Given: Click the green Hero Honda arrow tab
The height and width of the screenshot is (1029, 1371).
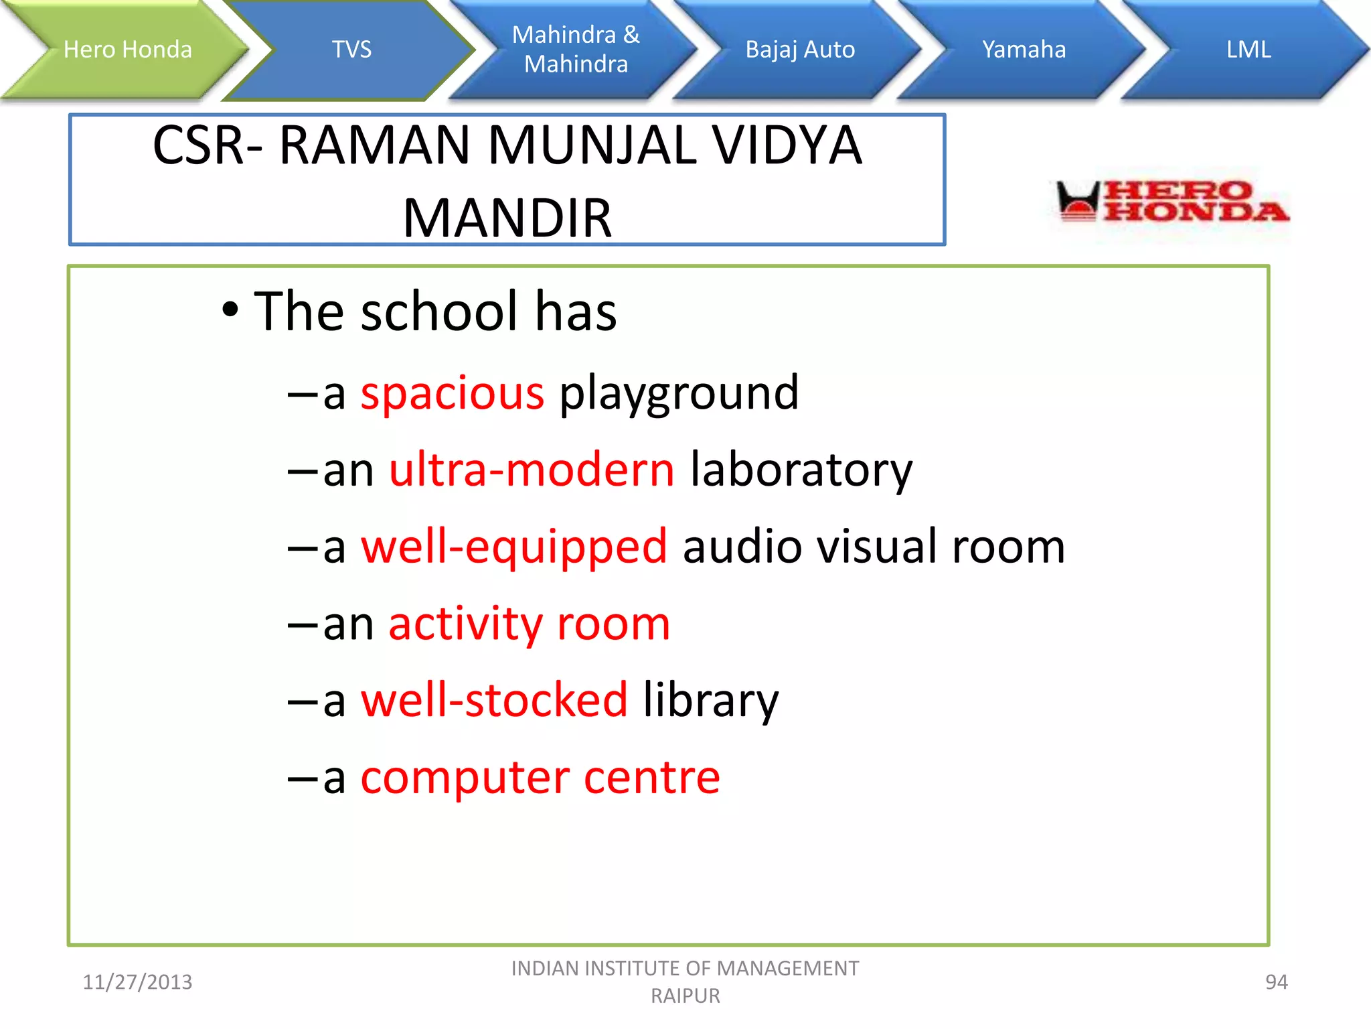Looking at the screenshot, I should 127,50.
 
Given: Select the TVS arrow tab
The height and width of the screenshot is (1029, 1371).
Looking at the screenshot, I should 352,50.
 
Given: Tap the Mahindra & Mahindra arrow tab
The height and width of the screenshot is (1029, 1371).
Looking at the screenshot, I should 576,50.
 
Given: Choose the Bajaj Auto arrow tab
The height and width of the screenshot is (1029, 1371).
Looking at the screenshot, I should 800,50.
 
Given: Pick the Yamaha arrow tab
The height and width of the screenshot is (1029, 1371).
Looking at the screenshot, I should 1024,50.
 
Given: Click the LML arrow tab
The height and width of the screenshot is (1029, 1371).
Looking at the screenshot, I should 1248,50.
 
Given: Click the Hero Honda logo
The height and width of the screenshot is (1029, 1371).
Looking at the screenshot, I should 1172,201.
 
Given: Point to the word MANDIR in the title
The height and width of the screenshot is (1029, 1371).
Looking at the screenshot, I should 507,218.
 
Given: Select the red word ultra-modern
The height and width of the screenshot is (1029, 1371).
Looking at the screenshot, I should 532,470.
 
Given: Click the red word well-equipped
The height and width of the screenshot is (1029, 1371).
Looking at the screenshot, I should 514,547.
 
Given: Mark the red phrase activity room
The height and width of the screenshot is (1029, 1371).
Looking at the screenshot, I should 529,624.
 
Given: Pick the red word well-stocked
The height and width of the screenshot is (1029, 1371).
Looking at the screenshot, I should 494,700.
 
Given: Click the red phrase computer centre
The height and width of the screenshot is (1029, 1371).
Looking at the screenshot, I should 540,777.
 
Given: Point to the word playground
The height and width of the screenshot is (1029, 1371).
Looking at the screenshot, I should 679,394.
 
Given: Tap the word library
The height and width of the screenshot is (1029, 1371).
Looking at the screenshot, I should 711,701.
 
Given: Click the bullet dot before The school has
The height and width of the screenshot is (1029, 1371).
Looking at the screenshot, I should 230,310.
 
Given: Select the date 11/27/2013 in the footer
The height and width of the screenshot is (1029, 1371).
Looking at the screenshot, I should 137,982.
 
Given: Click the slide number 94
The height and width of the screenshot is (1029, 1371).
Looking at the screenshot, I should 1276,982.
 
